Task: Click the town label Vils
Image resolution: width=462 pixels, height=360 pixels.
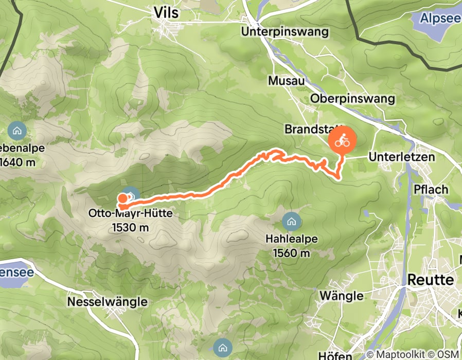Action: click(166, 13)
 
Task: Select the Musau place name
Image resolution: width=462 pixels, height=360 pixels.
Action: click(287, 81)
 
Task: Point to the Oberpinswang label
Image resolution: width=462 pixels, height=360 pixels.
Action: click(352, 99)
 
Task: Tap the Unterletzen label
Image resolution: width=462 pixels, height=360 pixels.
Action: click(402, 157)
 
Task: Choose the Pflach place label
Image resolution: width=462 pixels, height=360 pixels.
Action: click(431, 189)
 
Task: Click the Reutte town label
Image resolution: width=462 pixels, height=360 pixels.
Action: click(431, 280)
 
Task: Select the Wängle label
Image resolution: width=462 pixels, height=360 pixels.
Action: click(341, 296)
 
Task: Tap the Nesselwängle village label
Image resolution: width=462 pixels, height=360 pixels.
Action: click(108, 301)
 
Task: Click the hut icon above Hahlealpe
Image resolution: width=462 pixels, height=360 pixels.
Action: click(292, 222)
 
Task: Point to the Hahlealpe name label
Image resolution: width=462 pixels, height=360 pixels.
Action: click(291, 239)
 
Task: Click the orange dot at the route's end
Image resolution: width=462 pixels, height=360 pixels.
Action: click(122, 199)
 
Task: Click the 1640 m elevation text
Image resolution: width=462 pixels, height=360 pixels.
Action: click(19, 163)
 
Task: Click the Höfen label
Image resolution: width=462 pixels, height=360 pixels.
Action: click(335, 355)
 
